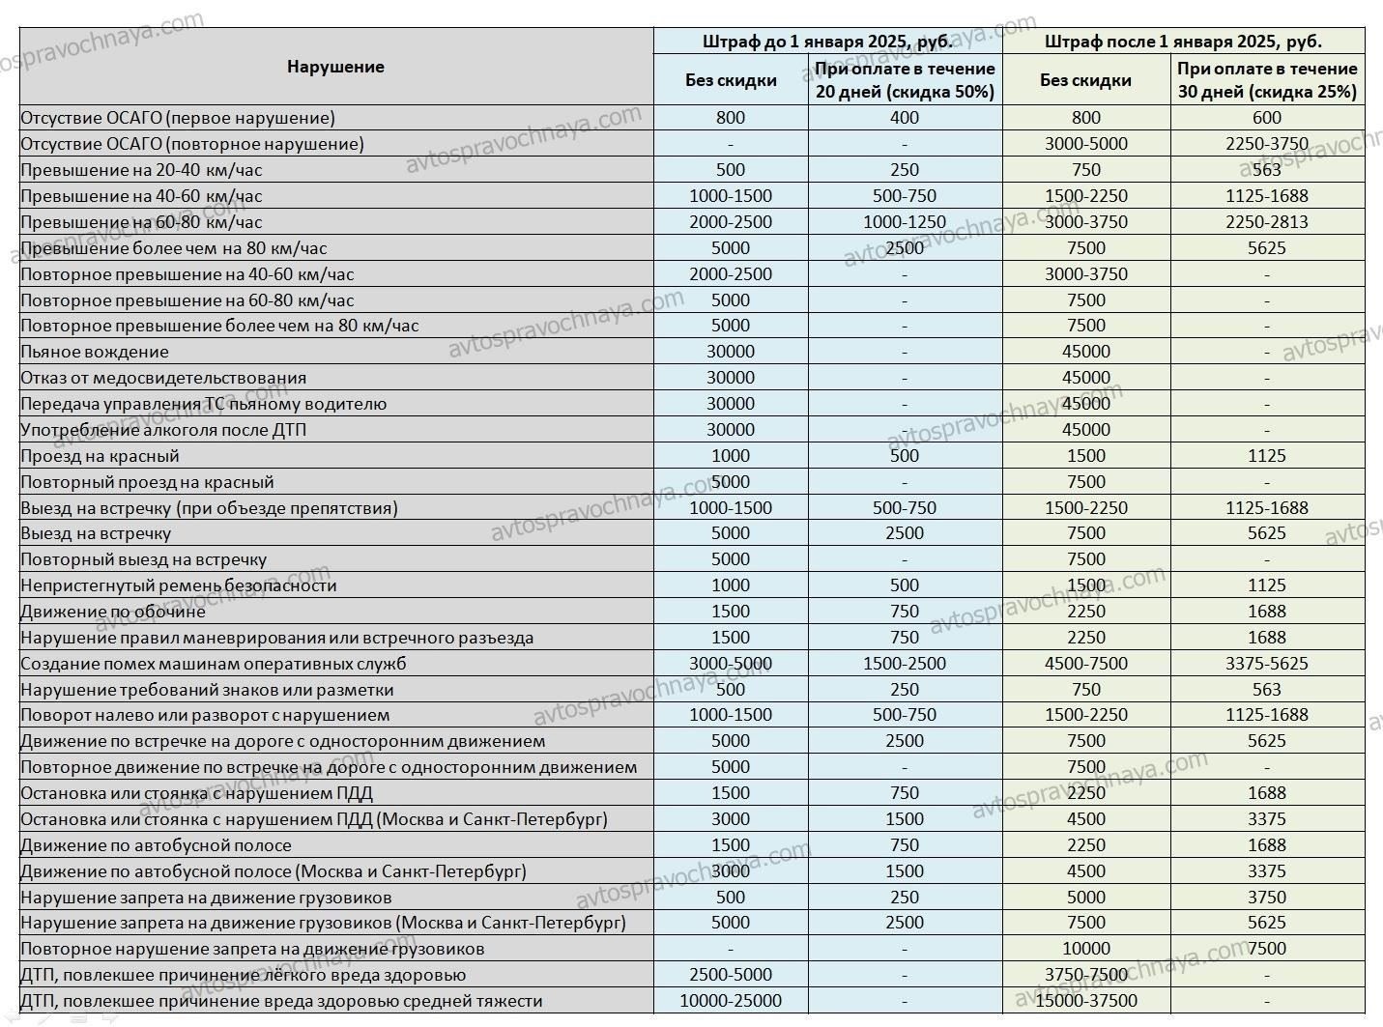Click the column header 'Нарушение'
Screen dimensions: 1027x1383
pyautogui.click(x=335, y=67)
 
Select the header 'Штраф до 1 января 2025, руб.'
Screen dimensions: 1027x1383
pyautogui.click(x=827, y=42)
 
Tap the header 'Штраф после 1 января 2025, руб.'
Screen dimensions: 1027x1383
pyautogui.click(x=1183, y=42)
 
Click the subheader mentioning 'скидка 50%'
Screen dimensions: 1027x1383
pyautogui.click(x=905, y=80)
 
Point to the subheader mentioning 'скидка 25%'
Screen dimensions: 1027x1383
pyautogui.click(x=1267, y=80)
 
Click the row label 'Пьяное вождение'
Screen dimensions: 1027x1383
pyautogui.click(x=95, y=352)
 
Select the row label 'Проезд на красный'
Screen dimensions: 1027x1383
pyautogui.click(x=101, y=456)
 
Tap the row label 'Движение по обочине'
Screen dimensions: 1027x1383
pyautogui.click(x=113, y=612)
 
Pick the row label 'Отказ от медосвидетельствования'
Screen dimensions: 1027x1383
pyautogui.click(x=163, y=378)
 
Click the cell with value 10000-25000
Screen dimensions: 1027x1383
pyautogui.click(x=731, y=1001)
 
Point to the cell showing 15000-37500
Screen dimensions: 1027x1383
pyautogui.click(x=1086, y=1001)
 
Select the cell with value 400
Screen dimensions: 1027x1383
pyautogui.click(x=905, y=118)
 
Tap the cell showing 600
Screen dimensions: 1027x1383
pyautogui.click(x=1267, y=118)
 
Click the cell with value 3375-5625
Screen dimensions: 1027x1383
pyautogui.click(x=1267, y=664)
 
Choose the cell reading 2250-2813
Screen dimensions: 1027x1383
pyautogui.click(x=1267, y=222)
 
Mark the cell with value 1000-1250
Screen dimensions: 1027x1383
pyautogui.click(x=905, y=222)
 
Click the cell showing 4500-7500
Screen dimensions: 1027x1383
pyautogui.click(x=1086, y=664)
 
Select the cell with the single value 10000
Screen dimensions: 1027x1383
pyautogui.click(x=1086, y=949)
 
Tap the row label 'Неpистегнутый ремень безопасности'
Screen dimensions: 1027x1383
pyautogui.click(x=179, y=585)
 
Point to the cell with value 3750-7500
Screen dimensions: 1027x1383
pyautogui.click(x=1086, y=975)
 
